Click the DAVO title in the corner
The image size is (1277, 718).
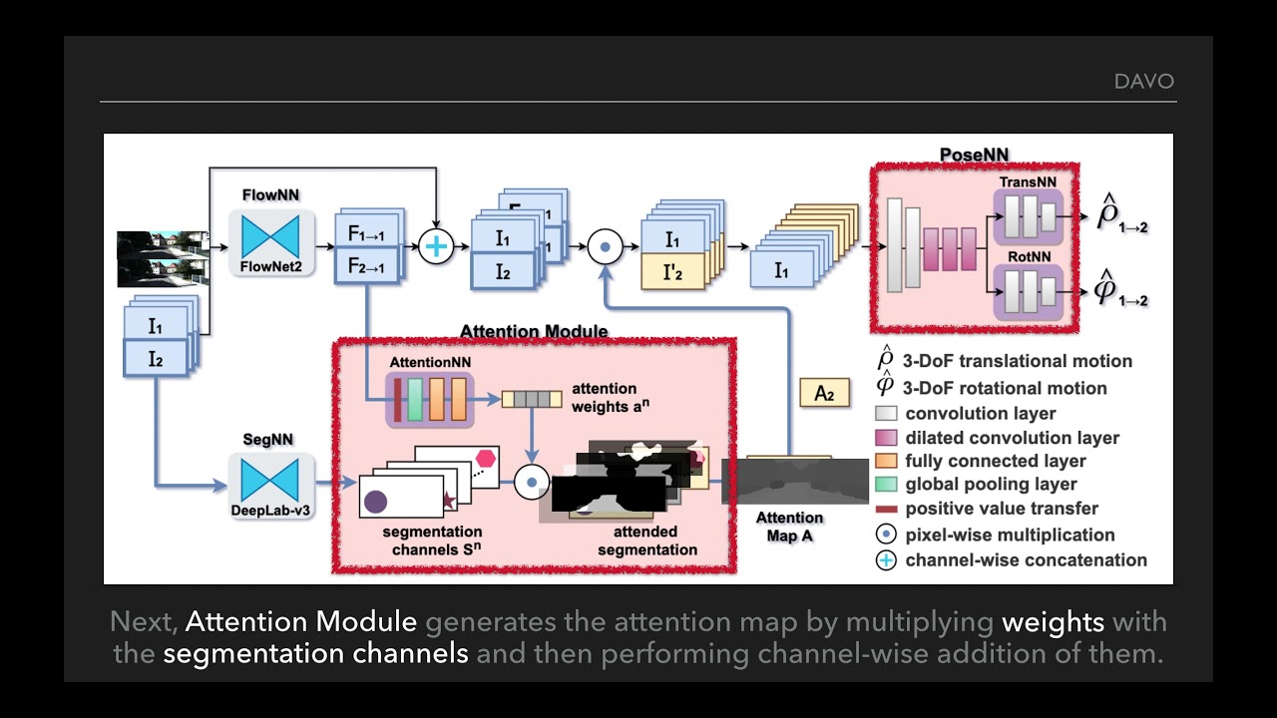pos(1143,81)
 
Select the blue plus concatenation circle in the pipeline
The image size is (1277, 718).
pos(436,245)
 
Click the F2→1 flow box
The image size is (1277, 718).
pos(366,266)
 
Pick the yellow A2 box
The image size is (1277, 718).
pos(824,393)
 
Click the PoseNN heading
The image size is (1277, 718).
pos(974,155)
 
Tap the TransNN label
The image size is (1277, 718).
pos(1027,182)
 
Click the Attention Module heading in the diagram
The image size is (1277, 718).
pos(533,331)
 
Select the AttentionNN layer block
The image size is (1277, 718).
pos(430,399)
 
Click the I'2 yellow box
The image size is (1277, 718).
pos(672,270)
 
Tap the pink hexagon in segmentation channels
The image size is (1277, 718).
pos(486,459)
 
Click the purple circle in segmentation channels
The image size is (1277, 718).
pos(376,502)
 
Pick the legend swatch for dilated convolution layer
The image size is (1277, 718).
pos(886,438)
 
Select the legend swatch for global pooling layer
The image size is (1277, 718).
pos(886,484)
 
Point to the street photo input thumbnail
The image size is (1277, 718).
pos(162,257)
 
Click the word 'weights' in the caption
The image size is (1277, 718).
pos(1053,622)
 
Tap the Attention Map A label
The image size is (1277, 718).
pos(789,527)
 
